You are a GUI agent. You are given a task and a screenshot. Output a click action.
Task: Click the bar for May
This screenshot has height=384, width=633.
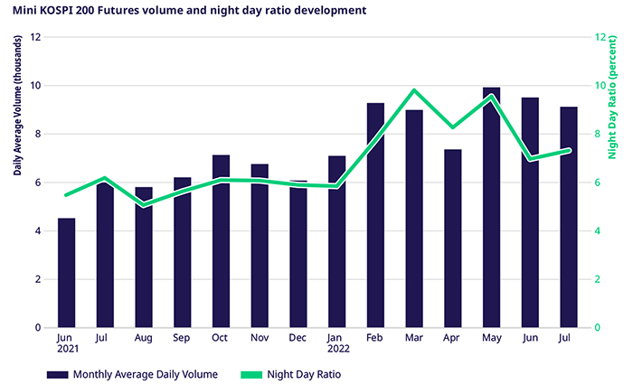pos(491,208)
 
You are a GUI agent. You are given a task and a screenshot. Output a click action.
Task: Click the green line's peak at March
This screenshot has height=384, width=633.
pos(413,90)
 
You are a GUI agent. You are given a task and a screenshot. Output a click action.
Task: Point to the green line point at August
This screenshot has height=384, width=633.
pos(144,205)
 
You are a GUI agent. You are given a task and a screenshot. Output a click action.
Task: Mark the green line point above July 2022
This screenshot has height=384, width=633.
pos(568,150)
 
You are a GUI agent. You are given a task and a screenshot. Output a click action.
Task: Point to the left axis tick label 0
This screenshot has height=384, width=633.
pos(38,327)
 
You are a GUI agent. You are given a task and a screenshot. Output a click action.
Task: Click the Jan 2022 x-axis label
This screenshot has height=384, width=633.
pos(337,345)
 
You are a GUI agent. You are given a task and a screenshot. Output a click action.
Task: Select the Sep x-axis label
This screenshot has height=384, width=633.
pos(183,340)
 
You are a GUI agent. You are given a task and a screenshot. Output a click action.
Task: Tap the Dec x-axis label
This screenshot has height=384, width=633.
pos(298,340)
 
